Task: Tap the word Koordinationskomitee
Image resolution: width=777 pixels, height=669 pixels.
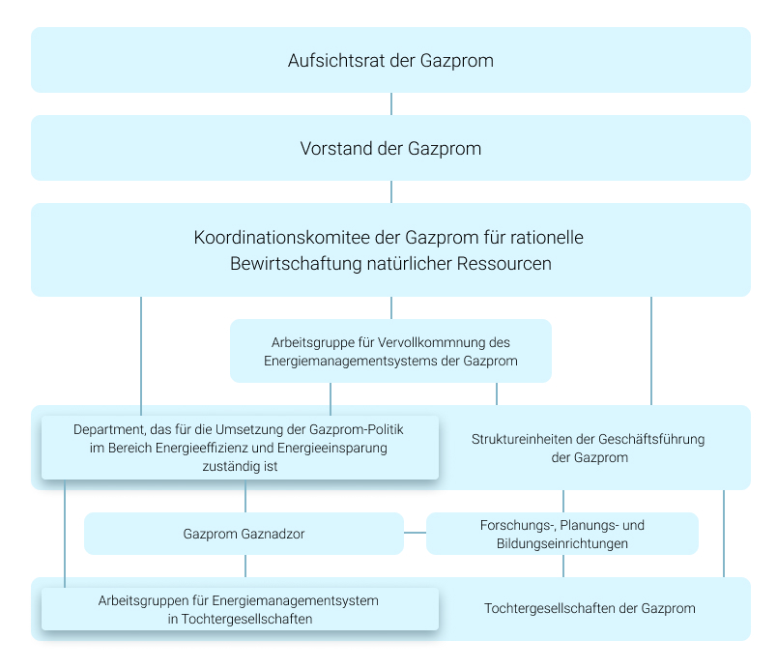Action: [x=281, y=238]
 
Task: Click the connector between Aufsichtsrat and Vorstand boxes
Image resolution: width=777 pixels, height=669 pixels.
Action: [x=391, y=104]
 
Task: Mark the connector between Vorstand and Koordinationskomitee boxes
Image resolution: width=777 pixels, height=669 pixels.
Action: [x=391, y=191]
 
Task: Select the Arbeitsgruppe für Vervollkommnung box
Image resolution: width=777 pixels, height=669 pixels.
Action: [x=391, y=351]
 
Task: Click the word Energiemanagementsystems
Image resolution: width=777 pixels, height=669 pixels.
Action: [x=351, y=361]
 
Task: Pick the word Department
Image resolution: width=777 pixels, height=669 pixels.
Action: [x=109, y=429]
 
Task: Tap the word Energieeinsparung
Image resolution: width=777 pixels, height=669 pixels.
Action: [x=332, y=448]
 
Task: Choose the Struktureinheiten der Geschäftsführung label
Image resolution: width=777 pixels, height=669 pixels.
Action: [x=589, y=448]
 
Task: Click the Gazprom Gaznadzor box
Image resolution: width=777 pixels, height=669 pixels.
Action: [x=244, y=534]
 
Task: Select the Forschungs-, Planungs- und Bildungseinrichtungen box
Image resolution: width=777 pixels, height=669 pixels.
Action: [x=562, y=534]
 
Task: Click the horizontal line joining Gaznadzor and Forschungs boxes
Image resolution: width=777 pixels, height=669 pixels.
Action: [x=416, y=533]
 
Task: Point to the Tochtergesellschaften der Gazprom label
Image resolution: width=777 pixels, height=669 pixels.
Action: [x=590, y=608]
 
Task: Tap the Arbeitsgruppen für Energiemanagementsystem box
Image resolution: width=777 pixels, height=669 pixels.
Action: [x=240, y=609]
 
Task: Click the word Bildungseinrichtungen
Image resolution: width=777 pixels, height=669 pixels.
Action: [x=562, y=543]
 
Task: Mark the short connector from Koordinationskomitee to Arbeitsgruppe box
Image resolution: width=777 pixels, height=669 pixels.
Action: [x=391, y=307]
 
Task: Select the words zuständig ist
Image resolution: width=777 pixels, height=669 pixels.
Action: [x=240, y=466]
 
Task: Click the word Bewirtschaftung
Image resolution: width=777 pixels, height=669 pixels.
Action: [x=296, y=264]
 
